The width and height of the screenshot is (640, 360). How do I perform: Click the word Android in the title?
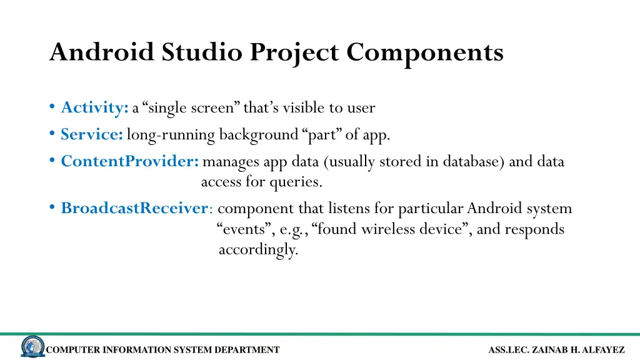[101, 52]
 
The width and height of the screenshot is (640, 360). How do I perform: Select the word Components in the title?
[425, 52]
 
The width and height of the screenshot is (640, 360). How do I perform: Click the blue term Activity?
[94, 108]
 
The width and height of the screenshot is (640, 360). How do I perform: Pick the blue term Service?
[91, 134]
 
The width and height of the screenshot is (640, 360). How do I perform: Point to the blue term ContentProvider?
[129, 162]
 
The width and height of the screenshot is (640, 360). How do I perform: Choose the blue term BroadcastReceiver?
[134, 208]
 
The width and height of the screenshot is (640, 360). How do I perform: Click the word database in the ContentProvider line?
[474, 162]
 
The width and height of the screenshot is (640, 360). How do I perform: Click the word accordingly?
[258, 250]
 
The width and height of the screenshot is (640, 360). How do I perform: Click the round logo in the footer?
[32, 347]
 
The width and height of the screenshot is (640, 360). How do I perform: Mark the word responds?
[534, 229]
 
